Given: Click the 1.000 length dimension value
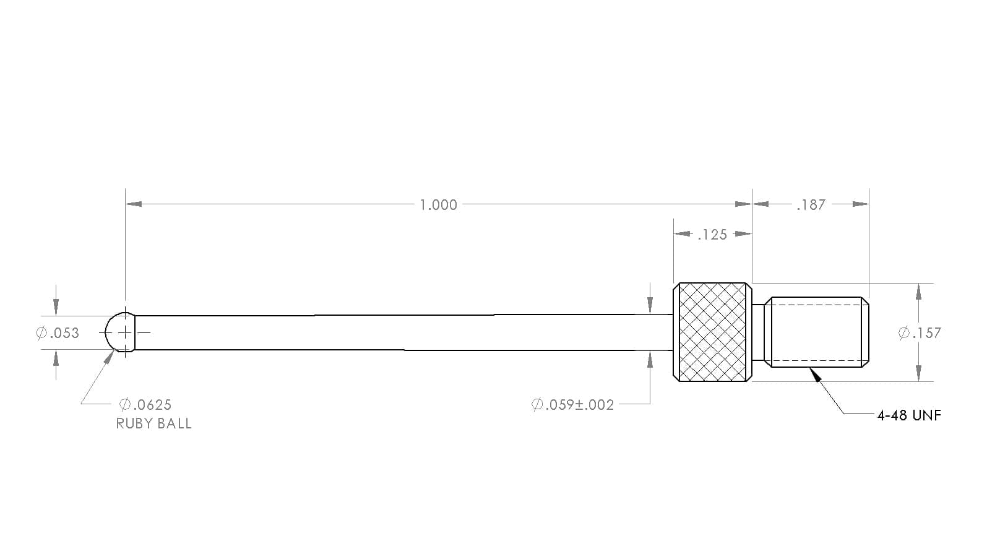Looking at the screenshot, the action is click(438, 205).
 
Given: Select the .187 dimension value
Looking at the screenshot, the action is click(811, 205).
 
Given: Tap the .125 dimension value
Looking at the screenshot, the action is click(712, 235).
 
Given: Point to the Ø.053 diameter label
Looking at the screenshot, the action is click(58, 333).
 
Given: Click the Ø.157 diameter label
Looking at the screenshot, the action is click(919, 333).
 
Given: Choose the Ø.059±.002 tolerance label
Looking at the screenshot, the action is click(572, 405).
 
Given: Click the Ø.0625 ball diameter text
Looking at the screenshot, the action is click(145, 405).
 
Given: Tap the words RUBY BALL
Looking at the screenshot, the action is click(153, 423).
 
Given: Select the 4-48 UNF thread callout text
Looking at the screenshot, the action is click(909, 415).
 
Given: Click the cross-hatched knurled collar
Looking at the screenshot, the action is click(712, 332).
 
